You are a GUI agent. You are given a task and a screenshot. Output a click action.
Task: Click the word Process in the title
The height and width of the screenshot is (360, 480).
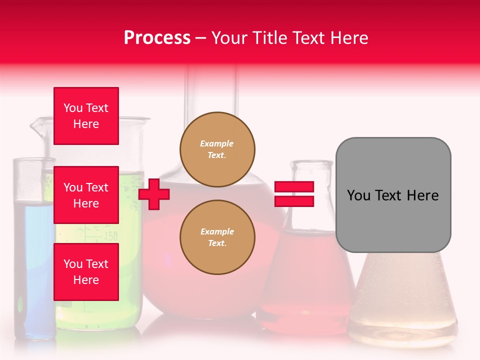[x=157, y=38]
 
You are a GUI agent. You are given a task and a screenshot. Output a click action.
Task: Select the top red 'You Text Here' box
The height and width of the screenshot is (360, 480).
[x=86, y=116]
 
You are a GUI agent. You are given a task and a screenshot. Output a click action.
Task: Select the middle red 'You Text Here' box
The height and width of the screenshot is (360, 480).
[x=86, y=195]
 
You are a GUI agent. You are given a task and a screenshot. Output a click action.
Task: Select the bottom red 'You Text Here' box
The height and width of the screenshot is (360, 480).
[x=86, y=272]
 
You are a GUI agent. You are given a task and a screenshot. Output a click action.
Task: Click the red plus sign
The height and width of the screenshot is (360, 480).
[x=154, y=194]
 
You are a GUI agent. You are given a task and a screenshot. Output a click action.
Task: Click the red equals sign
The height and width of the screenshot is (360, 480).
[x=294, y=194]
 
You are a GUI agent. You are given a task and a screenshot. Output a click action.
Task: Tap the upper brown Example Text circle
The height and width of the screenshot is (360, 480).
[x=217, y=149]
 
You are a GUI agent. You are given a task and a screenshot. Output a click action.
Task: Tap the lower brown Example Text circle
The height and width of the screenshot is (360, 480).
[x=217, y=237]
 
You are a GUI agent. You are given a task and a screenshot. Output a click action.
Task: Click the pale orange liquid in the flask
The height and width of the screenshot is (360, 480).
[x=402, y=300]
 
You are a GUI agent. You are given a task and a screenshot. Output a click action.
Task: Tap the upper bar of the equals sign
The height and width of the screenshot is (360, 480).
[x=294, y=187]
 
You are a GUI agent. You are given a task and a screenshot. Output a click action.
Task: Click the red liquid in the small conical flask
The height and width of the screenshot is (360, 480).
[x=305, y=280]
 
